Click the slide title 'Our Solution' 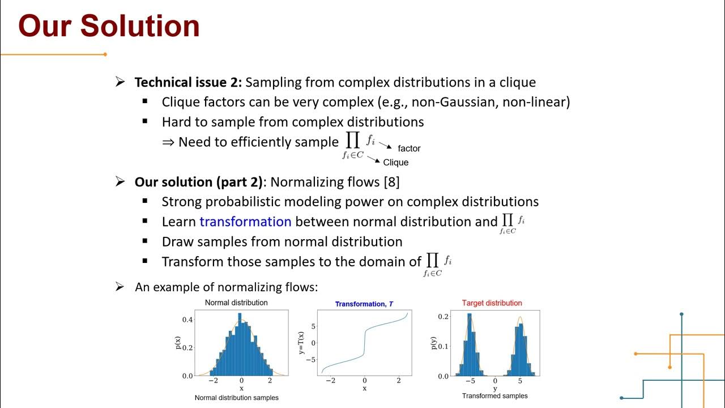click(109, 26)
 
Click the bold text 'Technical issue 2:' click(188, 82)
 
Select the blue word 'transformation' click(245, 222)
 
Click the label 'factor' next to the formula click(409, 148)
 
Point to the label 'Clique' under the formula click(395, 163)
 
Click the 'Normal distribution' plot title click(236, 303)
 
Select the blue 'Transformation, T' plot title click(364, 304)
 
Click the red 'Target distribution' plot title click(492, 303)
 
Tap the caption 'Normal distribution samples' click(236, 398)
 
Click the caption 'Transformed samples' click(494, 396)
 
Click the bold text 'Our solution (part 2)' click(199, 182)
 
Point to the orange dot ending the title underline click(105, 54)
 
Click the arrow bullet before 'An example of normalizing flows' click(120, 287)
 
